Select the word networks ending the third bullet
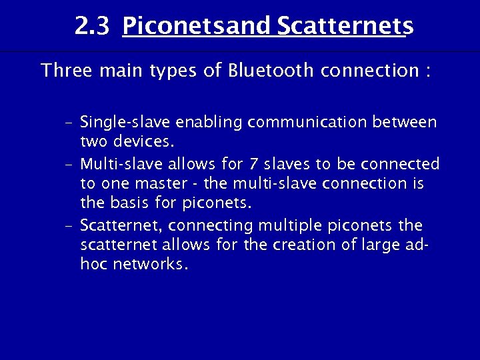click(x=154, y=264)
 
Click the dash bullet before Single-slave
click(x=69, y=123)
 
